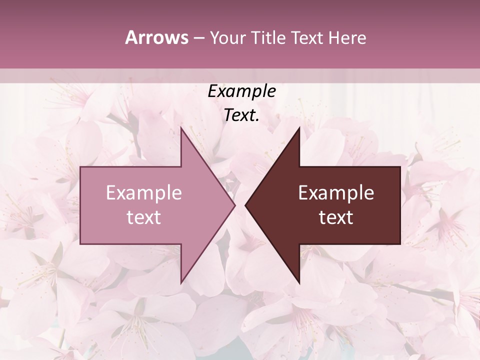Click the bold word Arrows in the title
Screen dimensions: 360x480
coord(157,37)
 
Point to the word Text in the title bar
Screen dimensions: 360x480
coord(306,37)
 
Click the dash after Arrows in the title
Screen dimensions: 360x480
coord(199,38)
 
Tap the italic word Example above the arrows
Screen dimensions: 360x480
coord(241,91)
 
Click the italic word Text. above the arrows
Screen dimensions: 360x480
coord(241,115)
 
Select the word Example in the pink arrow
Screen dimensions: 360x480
coord(144,193)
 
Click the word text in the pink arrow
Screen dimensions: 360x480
coord(144,217)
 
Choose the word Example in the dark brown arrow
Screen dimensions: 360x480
coord(336,193)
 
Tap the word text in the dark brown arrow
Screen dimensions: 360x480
coord(336,217)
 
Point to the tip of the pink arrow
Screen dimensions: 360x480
coord(235,205)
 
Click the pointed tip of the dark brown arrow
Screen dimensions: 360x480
coord(245,205)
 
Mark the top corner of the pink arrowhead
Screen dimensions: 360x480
coord(181,127)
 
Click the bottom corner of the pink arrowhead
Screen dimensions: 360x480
coord(181,283)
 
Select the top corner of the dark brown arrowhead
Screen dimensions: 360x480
coord(299,127)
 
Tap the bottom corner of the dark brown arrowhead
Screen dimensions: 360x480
coord(299,283)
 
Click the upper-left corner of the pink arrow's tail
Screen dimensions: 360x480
coord(80,167)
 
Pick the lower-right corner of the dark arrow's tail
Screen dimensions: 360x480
coord(400,244)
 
